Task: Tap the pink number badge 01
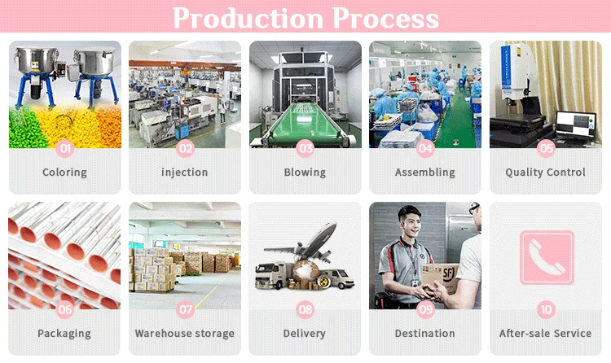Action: (x=65, y=148)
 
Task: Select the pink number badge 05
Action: (x=546, y=148)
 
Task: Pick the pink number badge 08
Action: (x=305, y=309)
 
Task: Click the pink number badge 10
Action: (x=546, y=309)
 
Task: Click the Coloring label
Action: (x=64, y=173)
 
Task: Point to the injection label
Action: (x=184, y=173)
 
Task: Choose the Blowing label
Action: (x=305, y=173)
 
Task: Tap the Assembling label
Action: (x=424, y=173)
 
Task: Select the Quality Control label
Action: (x=545, y=173)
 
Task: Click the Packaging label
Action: (x=64, y=334)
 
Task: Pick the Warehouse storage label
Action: (x=184, y=334)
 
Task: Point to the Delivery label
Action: (x=305, y=334)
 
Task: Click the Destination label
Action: (x=424, y=334)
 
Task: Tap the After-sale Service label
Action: (x=545, y=334)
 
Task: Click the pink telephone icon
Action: (x=546, y=257)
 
